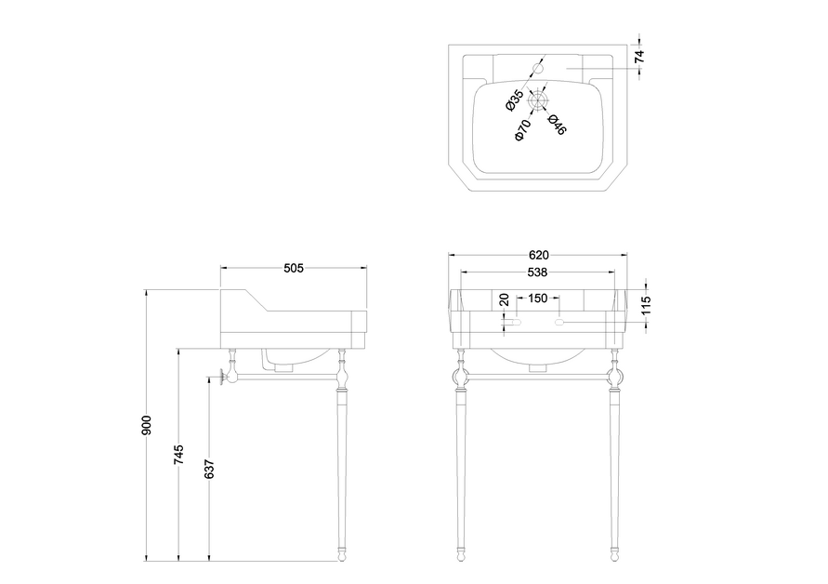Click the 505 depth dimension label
[294, 268]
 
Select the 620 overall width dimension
[539, 256]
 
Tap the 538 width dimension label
[537, 272]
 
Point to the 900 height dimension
[147, 426]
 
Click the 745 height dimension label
[179, 455]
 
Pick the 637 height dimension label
[210, 470]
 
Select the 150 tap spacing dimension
[537, 299]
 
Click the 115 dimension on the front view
[647, 305]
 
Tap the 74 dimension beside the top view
[639, 57]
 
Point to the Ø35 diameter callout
[514, 100]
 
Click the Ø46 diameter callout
[557, 125]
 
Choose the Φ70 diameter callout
[522, 130]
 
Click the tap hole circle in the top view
[538, 68]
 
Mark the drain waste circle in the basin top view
[538, 100]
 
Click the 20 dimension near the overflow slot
[504, 300]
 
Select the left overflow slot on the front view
[517, 322]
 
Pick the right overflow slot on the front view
[559, 322]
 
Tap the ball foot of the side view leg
[342, 556]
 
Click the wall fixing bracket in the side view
[225, 378]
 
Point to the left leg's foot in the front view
[461, 556]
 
